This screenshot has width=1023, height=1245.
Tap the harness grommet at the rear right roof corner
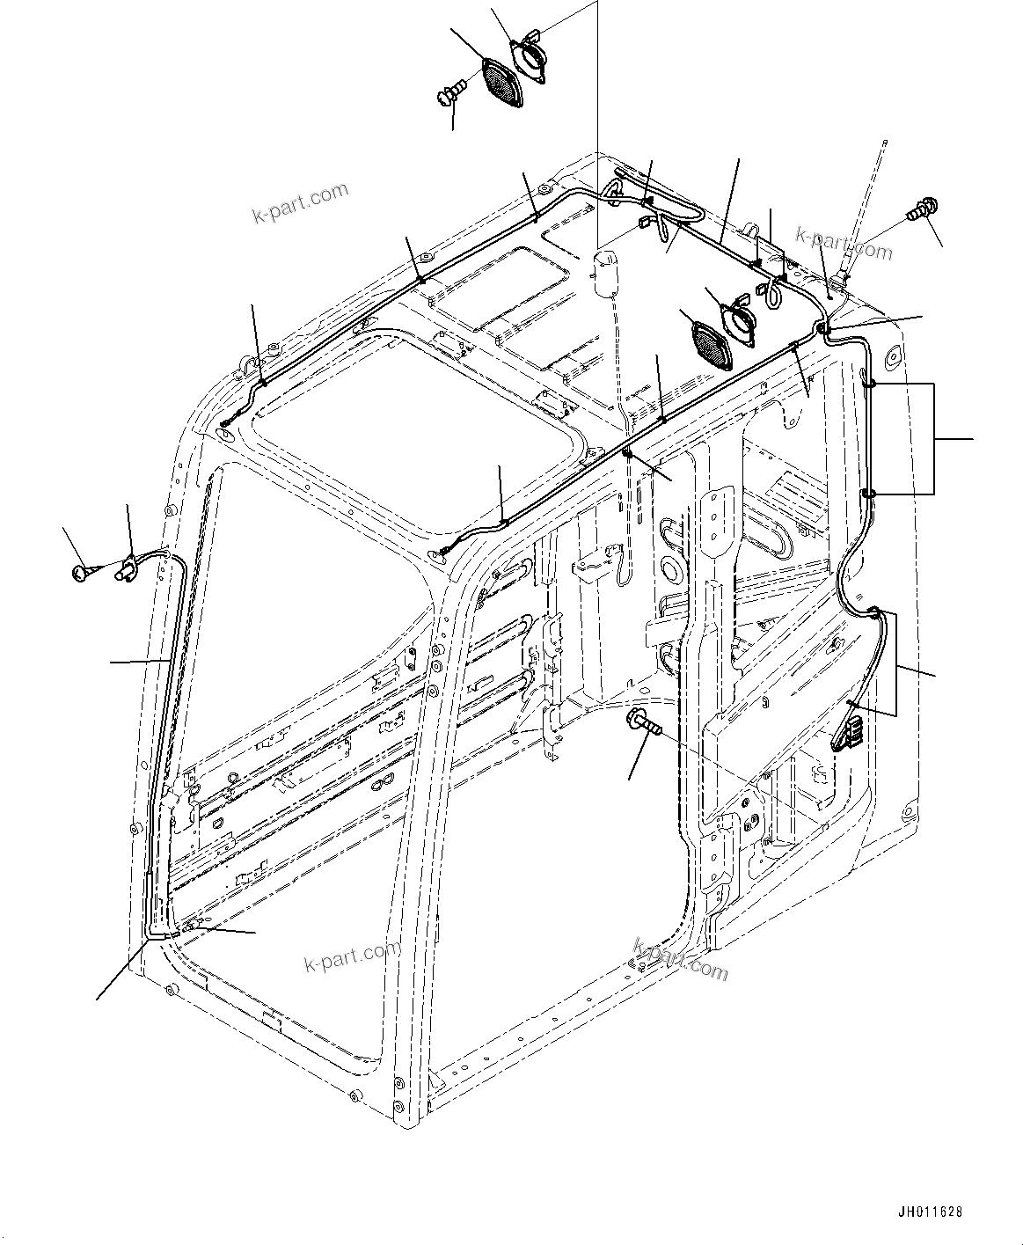pyautogui.click(x=823, y=328)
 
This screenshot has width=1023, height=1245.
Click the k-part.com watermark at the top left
pyautogui.click(x=300, y=202)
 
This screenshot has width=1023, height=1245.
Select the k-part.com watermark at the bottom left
pyautogui.click(x=352, y=956)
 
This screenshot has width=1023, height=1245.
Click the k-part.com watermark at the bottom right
pyautogui.click(x=680, y=959)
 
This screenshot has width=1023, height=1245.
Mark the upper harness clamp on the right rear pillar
pyautogui.click(x=868, y=384)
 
